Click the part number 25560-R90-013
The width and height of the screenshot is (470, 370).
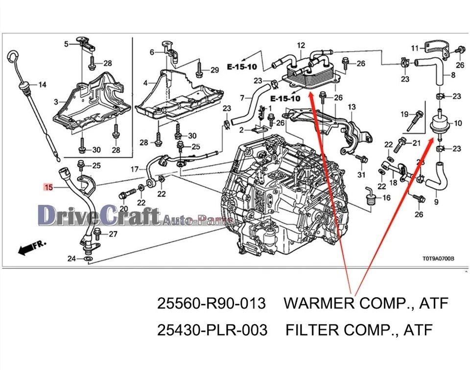[x=211, y=304]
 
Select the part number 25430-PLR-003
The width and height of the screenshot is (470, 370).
[x=212, y=330]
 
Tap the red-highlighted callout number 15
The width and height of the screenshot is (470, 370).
[x=48, y=186]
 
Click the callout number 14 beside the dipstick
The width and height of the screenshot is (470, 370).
[x=42, y=85]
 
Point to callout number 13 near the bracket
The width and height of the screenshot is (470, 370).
[x=352, y=107]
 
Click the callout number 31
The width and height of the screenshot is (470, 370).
[x=361, y=175]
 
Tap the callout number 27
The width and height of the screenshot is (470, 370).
[x=113, y=234]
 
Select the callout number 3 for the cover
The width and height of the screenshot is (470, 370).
[x=56, y=102]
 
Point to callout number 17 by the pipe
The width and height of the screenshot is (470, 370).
[x=135, y=170]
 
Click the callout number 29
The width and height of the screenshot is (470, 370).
[x=214, y=70]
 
